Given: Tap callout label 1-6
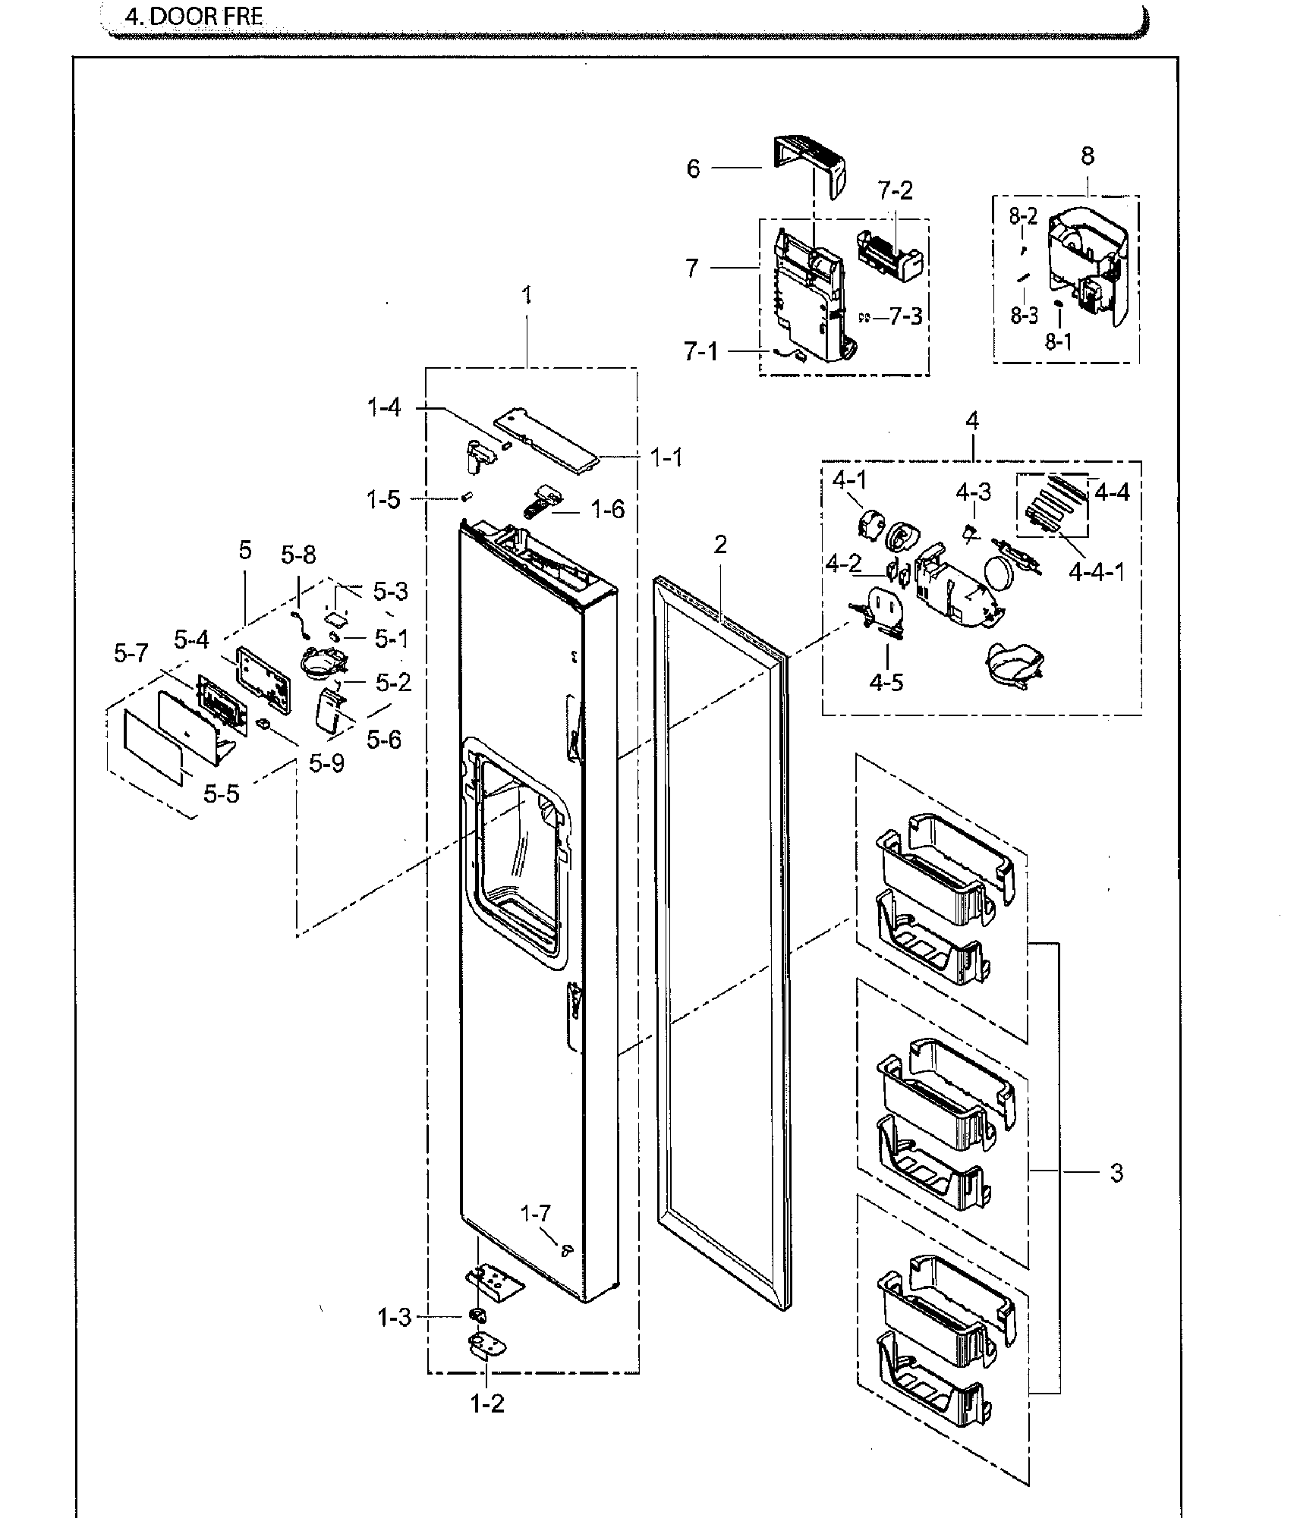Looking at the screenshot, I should [x=607, y=509].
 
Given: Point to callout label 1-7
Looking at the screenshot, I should [x=535, y=1214].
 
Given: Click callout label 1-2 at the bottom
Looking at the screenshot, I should [x=486, y=1404].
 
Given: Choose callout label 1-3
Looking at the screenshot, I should [x=395, y=1318].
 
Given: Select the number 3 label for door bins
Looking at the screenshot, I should [x=1116, y=1173].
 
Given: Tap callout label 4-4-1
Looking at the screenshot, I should [x=1096, y=570].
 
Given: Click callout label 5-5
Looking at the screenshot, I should [x=221, y=794].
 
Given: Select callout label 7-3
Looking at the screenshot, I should [x=905, y=316].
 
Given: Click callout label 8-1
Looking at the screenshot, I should [x=1058, y=342].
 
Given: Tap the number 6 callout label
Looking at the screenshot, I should [x=692, y=168].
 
